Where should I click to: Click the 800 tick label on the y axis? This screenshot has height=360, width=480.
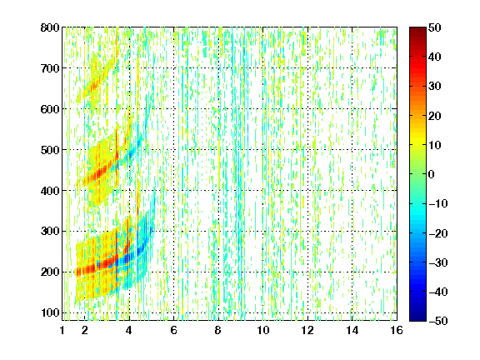tap(50, 27)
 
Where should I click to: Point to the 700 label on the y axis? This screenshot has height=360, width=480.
tap(50, 68)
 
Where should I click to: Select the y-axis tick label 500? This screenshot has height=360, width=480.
tap(50, 150)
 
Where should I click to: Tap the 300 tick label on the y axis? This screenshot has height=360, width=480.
tap(50, 232)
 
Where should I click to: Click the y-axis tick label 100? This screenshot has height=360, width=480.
tap(50, 312)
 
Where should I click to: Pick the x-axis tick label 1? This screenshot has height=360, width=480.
tap(62, 330)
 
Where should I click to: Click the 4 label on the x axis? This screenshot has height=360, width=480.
tap(129, 330)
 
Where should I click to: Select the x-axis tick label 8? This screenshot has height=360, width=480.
tap(218, 330)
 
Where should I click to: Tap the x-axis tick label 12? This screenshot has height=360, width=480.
tap(307, 330)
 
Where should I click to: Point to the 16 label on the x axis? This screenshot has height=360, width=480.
tap(397, 330)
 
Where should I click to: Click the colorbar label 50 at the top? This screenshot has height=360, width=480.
tap(434, 27)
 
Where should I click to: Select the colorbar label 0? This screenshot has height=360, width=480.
tap(432, 174)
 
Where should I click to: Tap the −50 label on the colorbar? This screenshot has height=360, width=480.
tap(438, 321)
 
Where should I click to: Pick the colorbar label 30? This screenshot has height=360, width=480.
tap(434, 87)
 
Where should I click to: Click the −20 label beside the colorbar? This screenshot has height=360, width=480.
tap(438, 233)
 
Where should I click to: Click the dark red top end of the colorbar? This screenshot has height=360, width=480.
tap(417, 30)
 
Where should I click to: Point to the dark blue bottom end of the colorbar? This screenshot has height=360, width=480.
tap(417, 318)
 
